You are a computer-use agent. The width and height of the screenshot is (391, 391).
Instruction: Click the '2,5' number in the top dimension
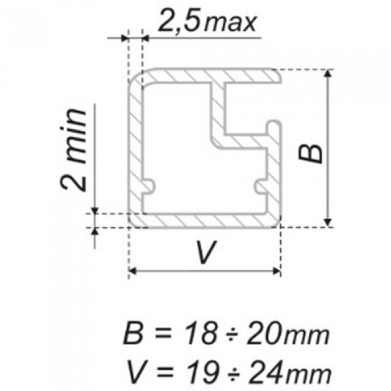point(179,21)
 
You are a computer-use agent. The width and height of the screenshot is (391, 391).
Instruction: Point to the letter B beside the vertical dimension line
point(311,154)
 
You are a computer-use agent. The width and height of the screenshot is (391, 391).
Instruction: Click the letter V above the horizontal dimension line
point(206,252)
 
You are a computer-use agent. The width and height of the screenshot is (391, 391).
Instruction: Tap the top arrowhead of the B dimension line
point(328,73)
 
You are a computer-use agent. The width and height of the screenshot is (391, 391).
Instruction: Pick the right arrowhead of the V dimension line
point(276,271)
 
